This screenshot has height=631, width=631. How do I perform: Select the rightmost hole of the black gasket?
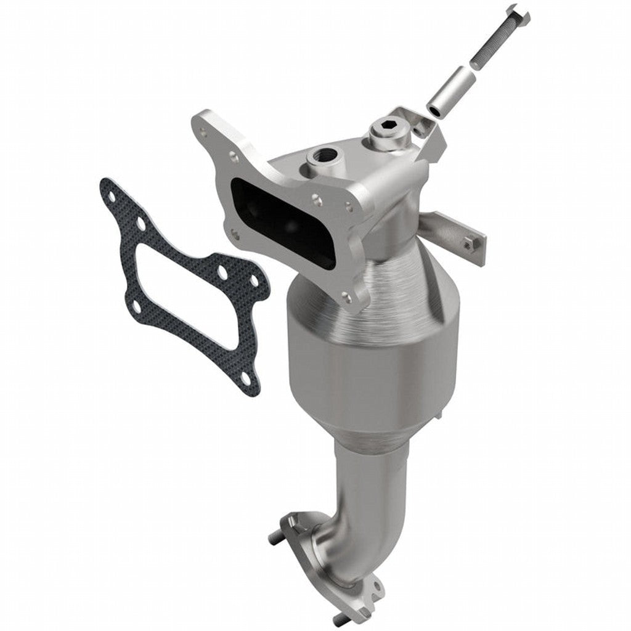[254, 280]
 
